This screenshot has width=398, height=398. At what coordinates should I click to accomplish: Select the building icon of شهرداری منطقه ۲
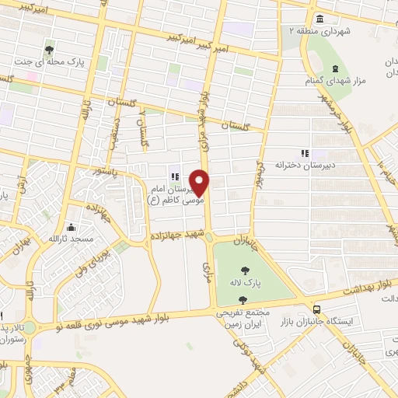(x=319, y=19)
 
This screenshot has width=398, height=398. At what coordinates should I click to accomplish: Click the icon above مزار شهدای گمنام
(x=335, y=70)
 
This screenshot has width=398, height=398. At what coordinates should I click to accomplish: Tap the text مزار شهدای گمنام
(x=337, y=82)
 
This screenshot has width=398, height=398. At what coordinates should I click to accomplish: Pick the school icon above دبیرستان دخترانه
(x=305, y=153)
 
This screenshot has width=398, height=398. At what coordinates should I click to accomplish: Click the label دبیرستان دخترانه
(x=301, y=165)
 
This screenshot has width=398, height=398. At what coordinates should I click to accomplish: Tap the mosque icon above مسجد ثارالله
(x=72, y=228)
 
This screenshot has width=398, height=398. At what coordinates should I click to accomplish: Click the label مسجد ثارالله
(x=72, y=239)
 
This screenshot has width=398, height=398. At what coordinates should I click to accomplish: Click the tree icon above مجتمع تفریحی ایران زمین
(x=243, y=299)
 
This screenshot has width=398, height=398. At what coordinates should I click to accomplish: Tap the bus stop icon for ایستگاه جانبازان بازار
(x=315, y=308)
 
